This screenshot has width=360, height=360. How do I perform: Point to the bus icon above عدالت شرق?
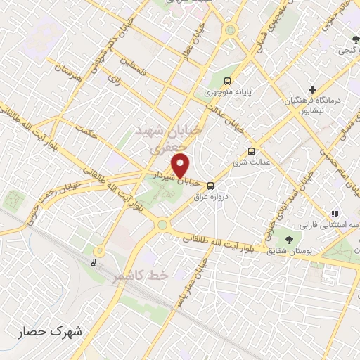tap(252, 151)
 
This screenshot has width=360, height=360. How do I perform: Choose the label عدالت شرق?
tap(252, 162)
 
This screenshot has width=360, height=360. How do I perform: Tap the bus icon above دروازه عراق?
tap(212, 186)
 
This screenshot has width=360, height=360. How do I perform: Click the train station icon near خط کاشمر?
tap(94, 262)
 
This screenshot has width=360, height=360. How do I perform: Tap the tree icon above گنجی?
tap(356, 39)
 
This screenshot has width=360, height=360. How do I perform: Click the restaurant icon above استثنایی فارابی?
tap(336, 213)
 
